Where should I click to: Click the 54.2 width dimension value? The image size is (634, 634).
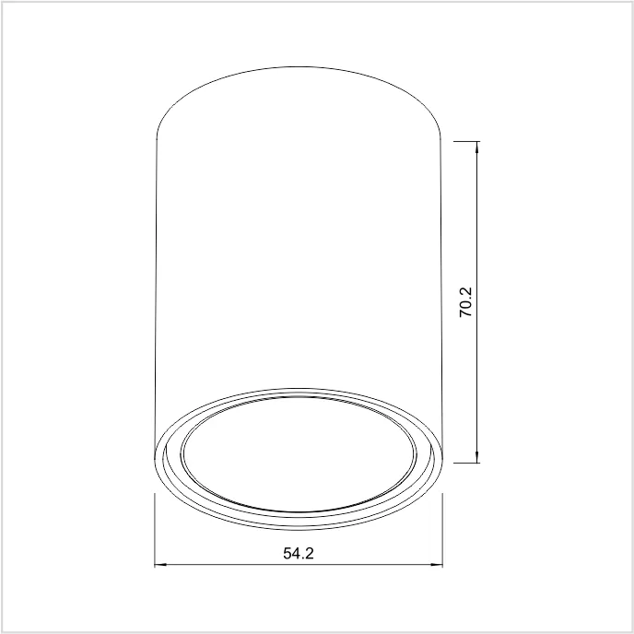(x=299, y=553)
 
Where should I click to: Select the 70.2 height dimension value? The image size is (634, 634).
(x=465, y=302)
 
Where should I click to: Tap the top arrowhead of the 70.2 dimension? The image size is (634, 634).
(x=477, y=147)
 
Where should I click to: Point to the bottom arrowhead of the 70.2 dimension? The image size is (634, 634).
(x=477, y=457)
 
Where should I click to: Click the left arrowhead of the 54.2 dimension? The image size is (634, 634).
(x=160, y=565)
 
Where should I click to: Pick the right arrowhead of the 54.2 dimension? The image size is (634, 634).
(x=437, y=565)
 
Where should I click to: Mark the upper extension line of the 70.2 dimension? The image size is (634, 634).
(x=466, y=142)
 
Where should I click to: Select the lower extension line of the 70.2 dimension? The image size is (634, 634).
(x=466, y=463)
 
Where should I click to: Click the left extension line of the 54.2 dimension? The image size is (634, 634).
(x=155, y=530)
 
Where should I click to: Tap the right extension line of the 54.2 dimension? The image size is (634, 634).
(x=442, y=530)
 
